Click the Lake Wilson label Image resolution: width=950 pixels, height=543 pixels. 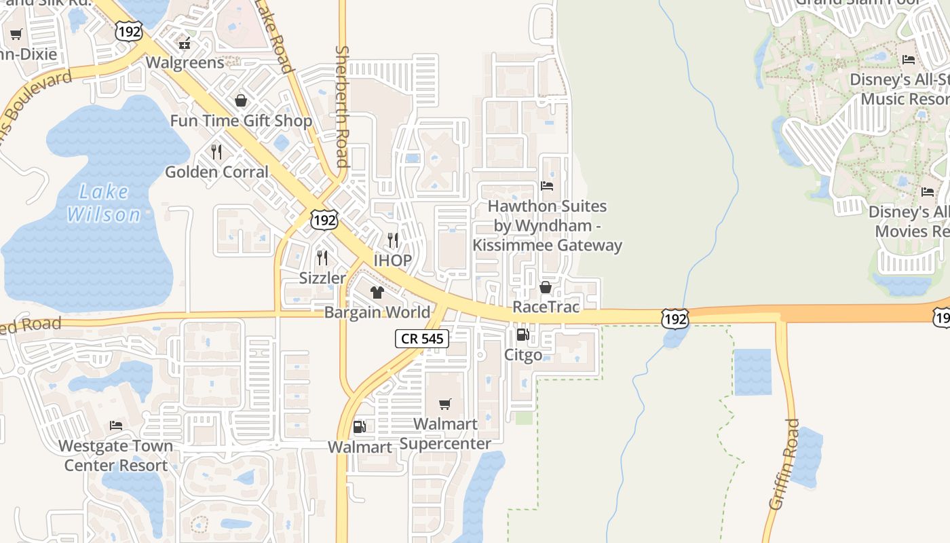(x=104, y=204)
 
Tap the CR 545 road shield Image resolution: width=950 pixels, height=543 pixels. (x=422, y=339)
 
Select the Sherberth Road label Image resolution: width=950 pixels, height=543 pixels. (x=342, y=107)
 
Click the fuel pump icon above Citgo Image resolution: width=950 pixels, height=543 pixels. (x=522, y=334)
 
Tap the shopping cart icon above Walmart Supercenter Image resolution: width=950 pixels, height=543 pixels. (x=445, y=405)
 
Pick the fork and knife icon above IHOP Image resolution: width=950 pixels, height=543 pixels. (x=392, y=240)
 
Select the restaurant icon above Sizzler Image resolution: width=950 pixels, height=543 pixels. (x=322, y=258)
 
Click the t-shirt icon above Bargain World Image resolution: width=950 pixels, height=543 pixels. (x=377, y=293)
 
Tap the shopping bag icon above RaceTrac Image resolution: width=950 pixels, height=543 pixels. (x=545, y=288)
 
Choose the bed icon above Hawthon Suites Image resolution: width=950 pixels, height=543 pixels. (x=547, y=186)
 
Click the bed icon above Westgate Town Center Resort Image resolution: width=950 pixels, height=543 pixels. (x=116, y=426)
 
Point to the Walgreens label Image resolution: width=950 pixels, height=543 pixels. (x=185, y=62)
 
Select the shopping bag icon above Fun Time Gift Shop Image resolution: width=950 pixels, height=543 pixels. (x=241, y=101)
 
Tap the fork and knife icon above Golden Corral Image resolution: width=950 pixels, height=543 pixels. (x=216, y=152)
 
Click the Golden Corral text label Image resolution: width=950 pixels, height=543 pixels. (x=216, y=172)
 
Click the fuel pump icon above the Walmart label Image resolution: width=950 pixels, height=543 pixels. (x=359, y=427)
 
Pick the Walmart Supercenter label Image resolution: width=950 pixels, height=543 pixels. (x=445, y=434)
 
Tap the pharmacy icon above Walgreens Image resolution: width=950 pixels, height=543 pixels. (x=184, y=43)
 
